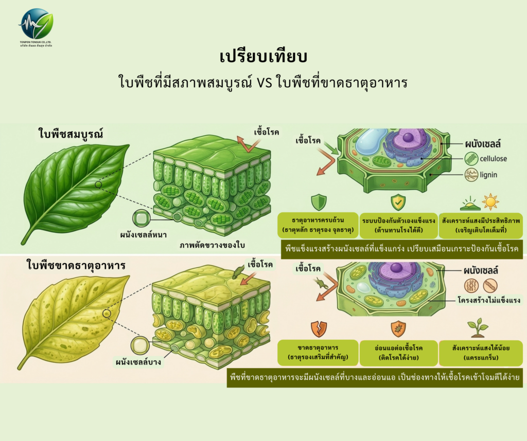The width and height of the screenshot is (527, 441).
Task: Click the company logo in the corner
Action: pyautogui.click(x=36, y=24)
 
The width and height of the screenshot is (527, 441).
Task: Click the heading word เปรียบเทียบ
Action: pyautogui.click(x=263, y=56)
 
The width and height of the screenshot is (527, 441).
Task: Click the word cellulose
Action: pyautogui.click(x=493, y=158)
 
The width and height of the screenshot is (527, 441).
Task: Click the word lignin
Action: pyautogui.click(x=488, y=175)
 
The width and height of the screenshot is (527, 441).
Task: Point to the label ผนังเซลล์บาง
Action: pyautogui.click(x=138, y=362)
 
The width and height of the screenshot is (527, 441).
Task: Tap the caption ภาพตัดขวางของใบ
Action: pyautogui.click(x=209, y=245)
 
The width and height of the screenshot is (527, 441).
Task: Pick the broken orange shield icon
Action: pyautogui.click(x=319, y=328)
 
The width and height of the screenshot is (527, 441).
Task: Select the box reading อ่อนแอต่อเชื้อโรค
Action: pyautogui.click(x=398, y=353)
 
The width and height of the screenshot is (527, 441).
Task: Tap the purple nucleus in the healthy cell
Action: pyautogui.click(x=408, y=137)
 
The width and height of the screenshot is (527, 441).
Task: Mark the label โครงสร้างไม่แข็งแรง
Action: pyautogui.click(x=489, y=300)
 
